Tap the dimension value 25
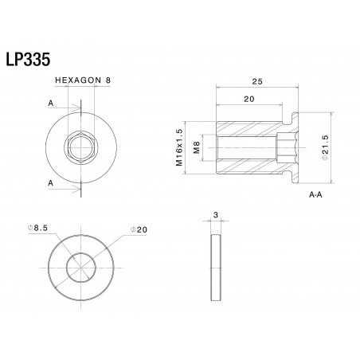click(x=257, y=80)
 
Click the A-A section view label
click(x=317, y=194)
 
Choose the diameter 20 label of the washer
click(x=140, y=229)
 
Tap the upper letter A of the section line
click(x=51, y=104)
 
